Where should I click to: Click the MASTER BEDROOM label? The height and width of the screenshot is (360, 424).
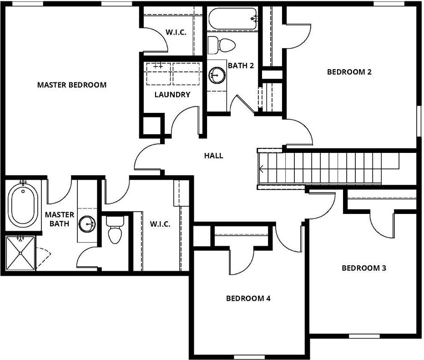click(72, 85)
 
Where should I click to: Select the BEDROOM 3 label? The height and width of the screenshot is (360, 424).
click(363, 268)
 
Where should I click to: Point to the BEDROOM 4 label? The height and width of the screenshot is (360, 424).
click(248, 299)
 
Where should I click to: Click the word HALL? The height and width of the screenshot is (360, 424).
click(213, 156)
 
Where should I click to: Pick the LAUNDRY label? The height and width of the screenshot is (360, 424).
click(172, 95)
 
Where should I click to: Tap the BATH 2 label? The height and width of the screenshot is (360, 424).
click(241, 66)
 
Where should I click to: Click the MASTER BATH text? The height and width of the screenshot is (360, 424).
click(57, 219)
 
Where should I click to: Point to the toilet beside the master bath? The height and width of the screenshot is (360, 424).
click(114, 230)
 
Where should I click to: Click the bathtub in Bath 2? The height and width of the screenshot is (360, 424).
click(232, 19)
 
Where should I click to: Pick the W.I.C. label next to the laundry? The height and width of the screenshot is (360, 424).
click(176, 33)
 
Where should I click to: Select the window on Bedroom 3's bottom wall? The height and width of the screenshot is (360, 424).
click(364, 336)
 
